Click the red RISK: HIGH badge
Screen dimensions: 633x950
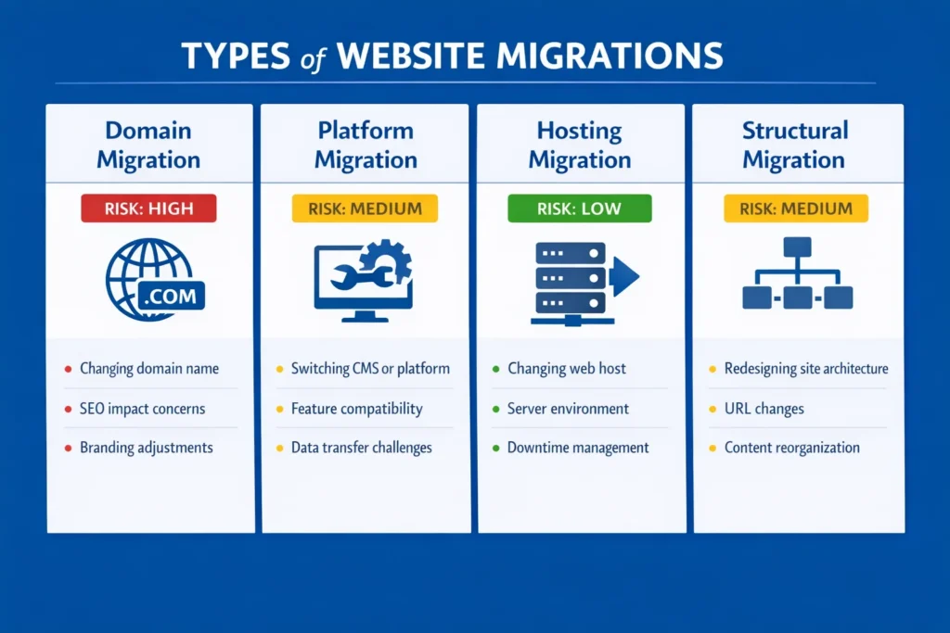pos(148,209)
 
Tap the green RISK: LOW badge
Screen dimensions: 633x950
pos(579,209)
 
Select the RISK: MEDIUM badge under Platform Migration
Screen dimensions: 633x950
pos(365,209)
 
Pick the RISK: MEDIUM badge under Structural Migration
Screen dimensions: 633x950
pos(795,209)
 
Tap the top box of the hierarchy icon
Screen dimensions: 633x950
pos(797,247)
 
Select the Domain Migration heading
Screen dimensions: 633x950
pos(148,145)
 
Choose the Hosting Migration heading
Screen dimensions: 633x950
pos(580,145)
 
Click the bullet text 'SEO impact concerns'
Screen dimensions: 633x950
pos(142,409)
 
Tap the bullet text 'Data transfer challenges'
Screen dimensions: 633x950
pos(362,448)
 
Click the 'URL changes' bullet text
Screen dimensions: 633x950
pos(764,409)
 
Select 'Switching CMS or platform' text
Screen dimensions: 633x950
pos(370,369)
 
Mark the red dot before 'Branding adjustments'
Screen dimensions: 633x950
pos(68,449)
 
